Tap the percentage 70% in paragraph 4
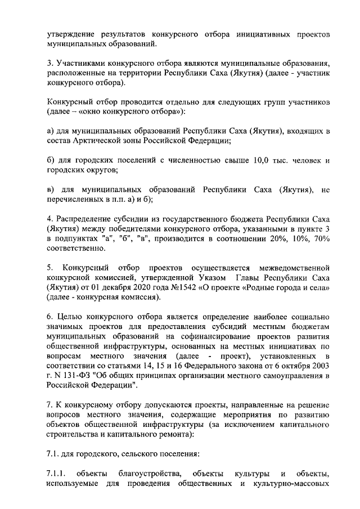point(320,240)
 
